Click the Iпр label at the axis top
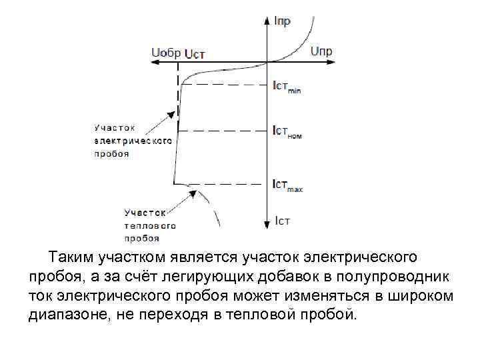[x=281, y=22]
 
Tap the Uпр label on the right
[x=321, y=51]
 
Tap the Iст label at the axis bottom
[x=282, y=219]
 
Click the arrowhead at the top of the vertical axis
[x=267, y=21]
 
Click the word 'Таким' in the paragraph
[x=70, y=256]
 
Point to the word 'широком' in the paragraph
[x=419, y=295]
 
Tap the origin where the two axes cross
[x=267, y=62]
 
